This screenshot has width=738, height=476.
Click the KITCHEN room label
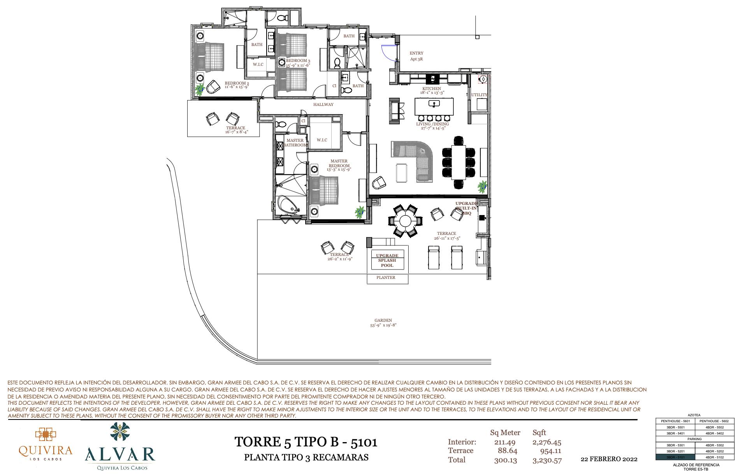click(x=432, y=89)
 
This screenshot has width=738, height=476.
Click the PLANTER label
click(x=386, y=278)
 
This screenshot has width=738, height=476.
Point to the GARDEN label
click(x=383, y=321)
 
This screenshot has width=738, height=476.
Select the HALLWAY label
click(x=323, y=104)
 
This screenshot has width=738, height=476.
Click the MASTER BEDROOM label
click(x=339, y=163)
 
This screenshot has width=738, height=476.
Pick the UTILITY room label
click(x=479, y=95)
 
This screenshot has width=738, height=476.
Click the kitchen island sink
click(x=433, y=104)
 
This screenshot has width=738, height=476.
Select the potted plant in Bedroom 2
click(x=200, y=90)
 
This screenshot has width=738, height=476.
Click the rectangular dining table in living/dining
click(x=459, y=162)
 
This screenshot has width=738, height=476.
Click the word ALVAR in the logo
click(x=120, y=454)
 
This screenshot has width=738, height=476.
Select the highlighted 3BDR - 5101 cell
click(x=675, y=457)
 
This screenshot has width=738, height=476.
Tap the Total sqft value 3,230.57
click(x=546, y=460)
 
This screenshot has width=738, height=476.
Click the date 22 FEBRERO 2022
click(x=609, y=459)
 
